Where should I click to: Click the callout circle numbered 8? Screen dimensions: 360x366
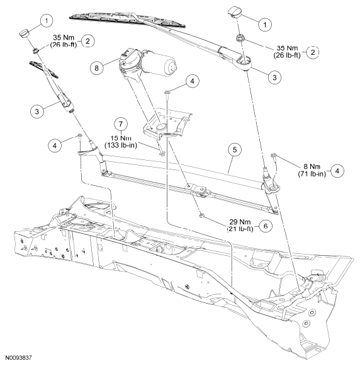coord(96,68)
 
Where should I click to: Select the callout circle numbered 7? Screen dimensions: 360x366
coord(121,124)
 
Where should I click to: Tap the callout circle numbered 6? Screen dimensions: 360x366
coord(266,226)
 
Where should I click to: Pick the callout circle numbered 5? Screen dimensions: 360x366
coord(235,150)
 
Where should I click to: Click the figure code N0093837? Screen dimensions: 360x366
coord(18,358)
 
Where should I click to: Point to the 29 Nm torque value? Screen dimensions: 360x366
coord(240,222)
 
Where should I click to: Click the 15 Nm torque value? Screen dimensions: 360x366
coord(121,138)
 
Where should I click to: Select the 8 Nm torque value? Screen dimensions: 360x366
coord(312,166)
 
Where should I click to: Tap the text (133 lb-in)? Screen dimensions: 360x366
coord(121,145)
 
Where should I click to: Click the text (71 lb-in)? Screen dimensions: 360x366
coord(312,174)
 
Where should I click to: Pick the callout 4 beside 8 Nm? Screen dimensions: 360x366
coord(337,171)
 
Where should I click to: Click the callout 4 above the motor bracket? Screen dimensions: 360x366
coord(192,81)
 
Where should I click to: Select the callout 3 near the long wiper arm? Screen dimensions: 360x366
coord(274,77)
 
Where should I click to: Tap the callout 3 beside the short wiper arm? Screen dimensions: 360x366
coord(37,111)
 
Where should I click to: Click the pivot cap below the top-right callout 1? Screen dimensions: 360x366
coord(232,12)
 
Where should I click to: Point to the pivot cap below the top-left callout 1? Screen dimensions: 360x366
coord(24,33)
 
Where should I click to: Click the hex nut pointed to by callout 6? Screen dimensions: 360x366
coord(201,215)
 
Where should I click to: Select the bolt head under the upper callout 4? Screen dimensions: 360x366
coord(167,92)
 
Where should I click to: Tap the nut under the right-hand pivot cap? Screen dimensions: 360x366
coord(239,38)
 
